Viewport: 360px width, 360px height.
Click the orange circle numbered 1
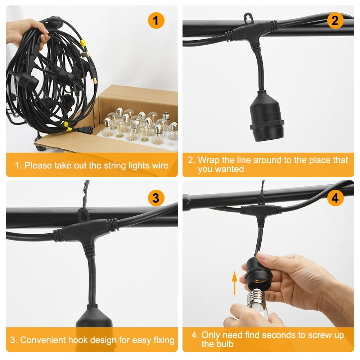coord(156,21)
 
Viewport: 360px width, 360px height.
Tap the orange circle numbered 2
coord(335,21)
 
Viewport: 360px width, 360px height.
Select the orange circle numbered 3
coord(156,198)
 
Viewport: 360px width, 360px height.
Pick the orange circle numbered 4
coord(335,198)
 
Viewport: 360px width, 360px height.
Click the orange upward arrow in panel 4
coord(234,283)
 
